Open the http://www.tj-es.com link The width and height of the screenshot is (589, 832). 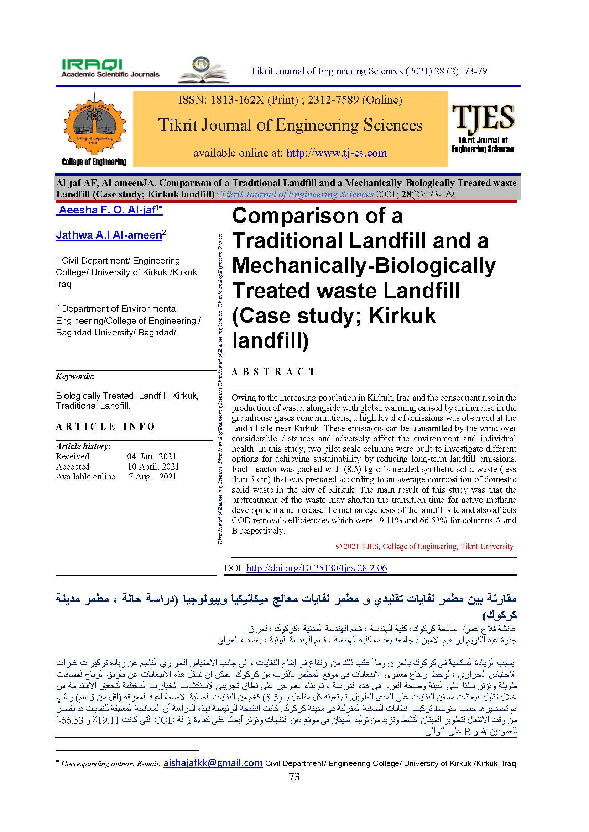pyautogui.click(x=337, y=153)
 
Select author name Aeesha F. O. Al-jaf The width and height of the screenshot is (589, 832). pyautogui.click(x=107, y=210)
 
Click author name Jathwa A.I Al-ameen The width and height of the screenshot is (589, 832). pyautogui.click(x=109, y=235)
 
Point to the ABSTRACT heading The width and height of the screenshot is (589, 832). pyautogui.click(x=273, y=372)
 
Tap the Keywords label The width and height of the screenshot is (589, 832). pyautogui.click(x=74, y=376)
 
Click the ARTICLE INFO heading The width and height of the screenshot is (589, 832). pyautogui.click(x=105, y=426)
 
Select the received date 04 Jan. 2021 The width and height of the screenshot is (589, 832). pyautogui.click(x=152, y=456)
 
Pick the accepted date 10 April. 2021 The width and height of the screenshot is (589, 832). pyautogui.click(x=153, y=466)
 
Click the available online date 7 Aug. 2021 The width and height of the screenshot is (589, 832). pyautogui.click(x=152, y=477)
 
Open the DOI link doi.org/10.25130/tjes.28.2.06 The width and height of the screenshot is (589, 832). pyautogui.click(x=317, y=568)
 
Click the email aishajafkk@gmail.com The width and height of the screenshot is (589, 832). pyautogui.click(x=213, y=763)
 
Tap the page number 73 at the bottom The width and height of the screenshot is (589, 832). pyautogui.click(x=294, y=777)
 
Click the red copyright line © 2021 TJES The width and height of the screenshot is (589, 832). pyautogui.click(x=424, y=546)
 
